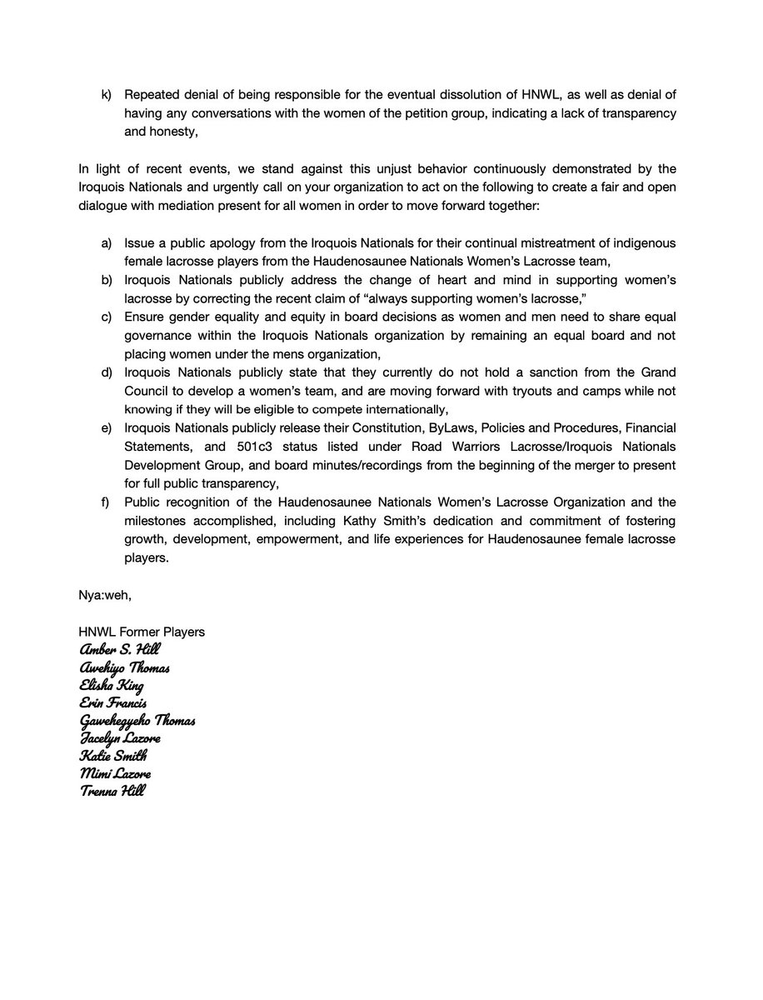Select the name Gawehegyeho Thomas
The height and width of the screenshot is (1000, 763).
click(x=137, y=720)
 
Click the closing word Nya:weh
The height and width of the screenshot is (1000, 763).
click(x=101, y=596)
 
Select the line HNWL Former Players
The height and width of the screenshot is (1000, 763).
click(x=142, y=632)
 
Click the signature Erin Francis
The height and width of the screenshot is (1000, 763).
click(x=112, y=702)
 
